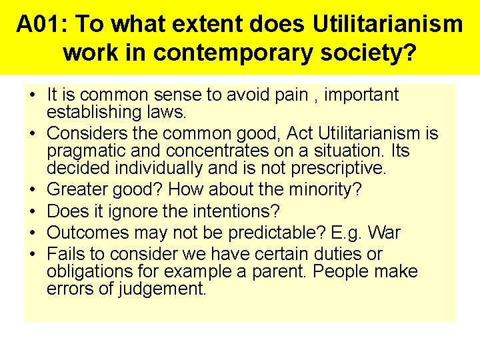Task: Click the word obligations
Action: (x=90, y=271)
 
